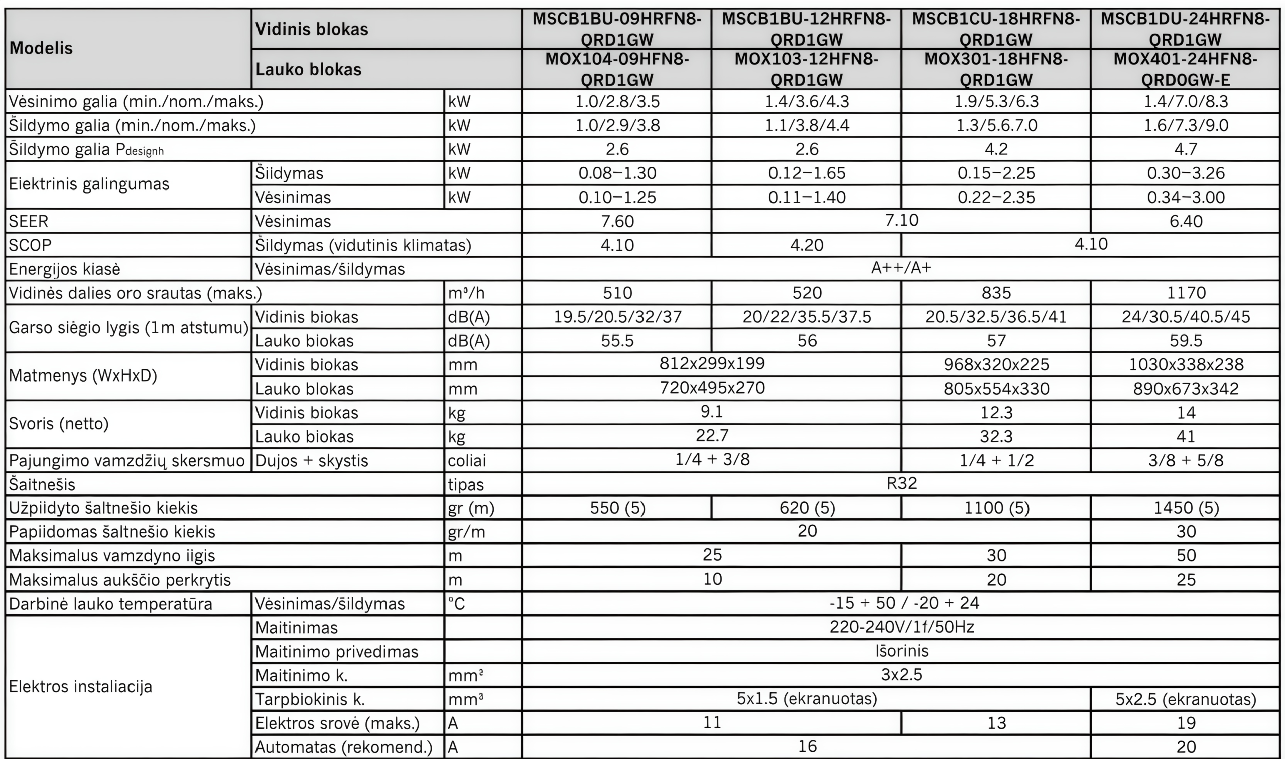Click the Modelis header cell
(41, 48)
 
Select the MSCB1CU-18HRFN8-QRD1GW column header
(996, 29)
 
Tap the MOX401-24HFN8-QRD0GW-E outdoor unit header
(1185, 69)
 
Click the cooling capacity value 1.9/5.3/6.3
(996, 101)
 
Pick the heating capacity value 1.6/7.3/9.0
(1186, 125)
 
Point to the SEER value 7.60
(617, 221)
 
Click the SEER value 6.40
(1186, 221)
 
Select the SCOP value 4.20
(806, 245)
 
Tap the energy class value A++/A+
(901, 268)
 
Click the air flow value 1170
(1186, 293)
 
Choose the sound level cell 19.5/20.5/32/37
(617, 317)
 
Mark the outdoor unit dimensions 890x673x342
(1186, 389)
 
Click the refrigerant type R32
(901, 483)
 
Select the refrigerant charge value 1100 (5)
(996, 508)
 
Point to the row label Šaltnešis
(42, 484)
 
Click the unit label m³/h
(466, 293)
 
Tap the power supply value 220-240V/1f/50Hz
(901, 627)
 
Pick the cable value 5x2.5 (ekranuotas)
(1186, 699)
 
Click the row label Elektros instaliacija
(80, 686)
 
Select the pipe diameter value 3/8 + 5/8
(1186, 460)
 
